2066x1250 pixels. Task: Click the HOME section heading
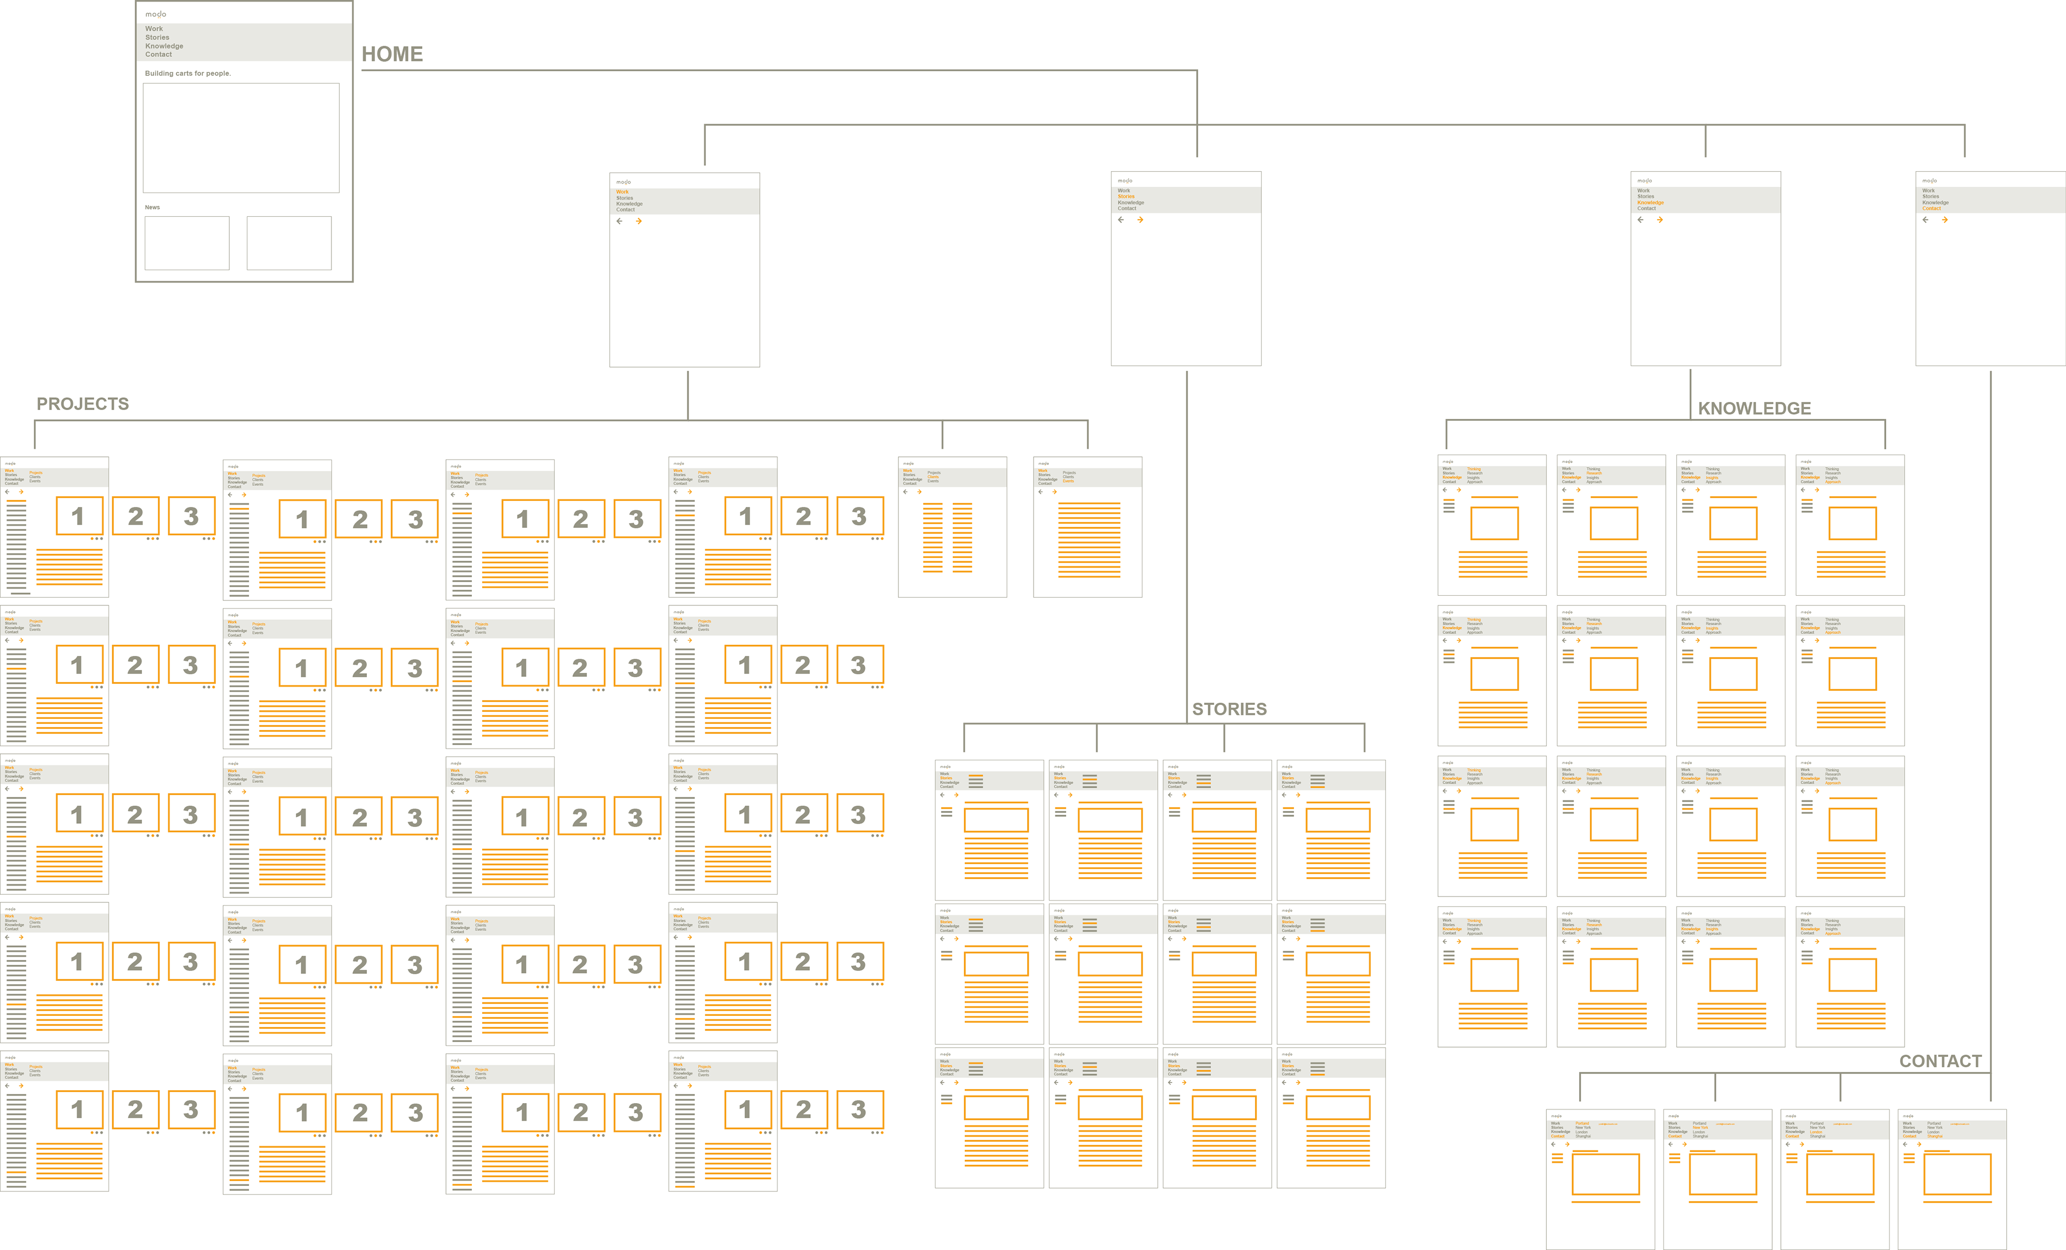tap(392, 54)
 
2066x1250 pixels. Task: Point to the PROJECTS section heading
tap(82, 404)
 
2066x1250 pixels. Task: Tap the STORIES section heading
tap(1229, 709)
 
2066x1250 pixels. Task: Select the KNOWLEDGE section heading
tap(1754, 408)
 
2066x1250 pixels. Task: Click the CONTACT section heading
tap(1940, 1061)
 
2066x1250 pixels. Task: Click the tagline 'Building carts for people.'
tap(188, 74)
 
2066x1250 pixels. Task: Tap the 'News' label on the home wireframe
tap(152, 207)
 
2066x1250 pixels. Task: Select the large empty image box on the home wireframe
tap(242, 138)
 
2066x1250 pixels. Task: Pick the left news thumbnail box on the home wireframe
tap(187, 243)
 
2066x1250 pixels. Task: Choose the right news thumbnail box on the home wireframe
tap(289, 243)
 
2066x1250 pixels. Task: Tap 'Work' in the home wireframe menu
tap(154, 29)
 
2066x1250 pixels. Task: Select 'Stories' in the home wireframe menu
tap(157, 38)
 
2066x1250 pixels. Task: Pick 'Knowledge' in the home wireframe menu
tap(164, 46)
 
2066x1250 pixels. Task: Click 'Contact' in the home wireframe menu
tap(159, 54)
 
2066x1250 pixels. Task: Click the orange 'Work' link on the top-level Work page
tap(622, 192)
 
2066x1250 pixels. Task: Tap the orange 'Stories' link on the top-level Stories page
tap(1126, 197)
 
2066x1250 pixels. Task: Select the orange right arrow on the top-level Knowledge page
tap(1659, 220)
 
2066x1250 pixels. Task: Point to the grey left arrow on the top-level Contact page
tap(1925, 220)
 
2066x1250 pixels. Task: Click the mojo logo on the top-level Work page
tap(624, 182)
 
